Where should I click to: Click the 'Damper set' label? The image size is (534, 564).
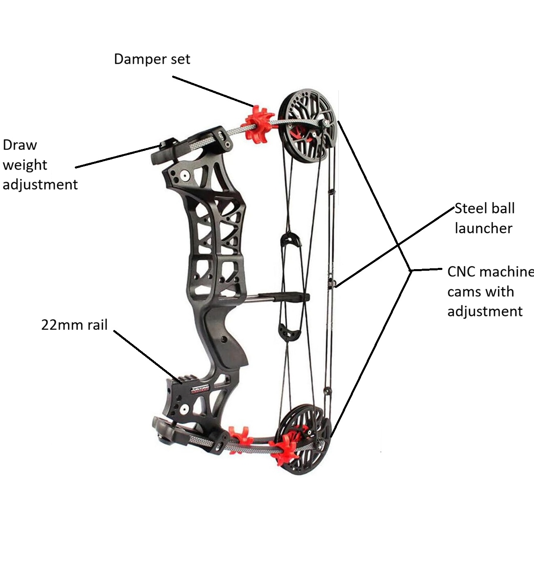coord(152,59)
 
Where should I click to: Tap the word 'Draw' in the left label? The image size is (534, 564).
coord(20,145)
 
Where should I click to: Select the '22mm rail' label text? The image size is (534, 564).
coord(74,325)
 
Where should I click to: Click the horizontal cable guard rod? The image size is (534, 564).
coord(278,297)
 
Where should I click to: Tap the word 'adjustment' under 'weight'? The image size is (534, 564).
coord(40,184)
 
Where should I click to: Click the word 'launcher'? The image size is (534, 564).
coord(483,228)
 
